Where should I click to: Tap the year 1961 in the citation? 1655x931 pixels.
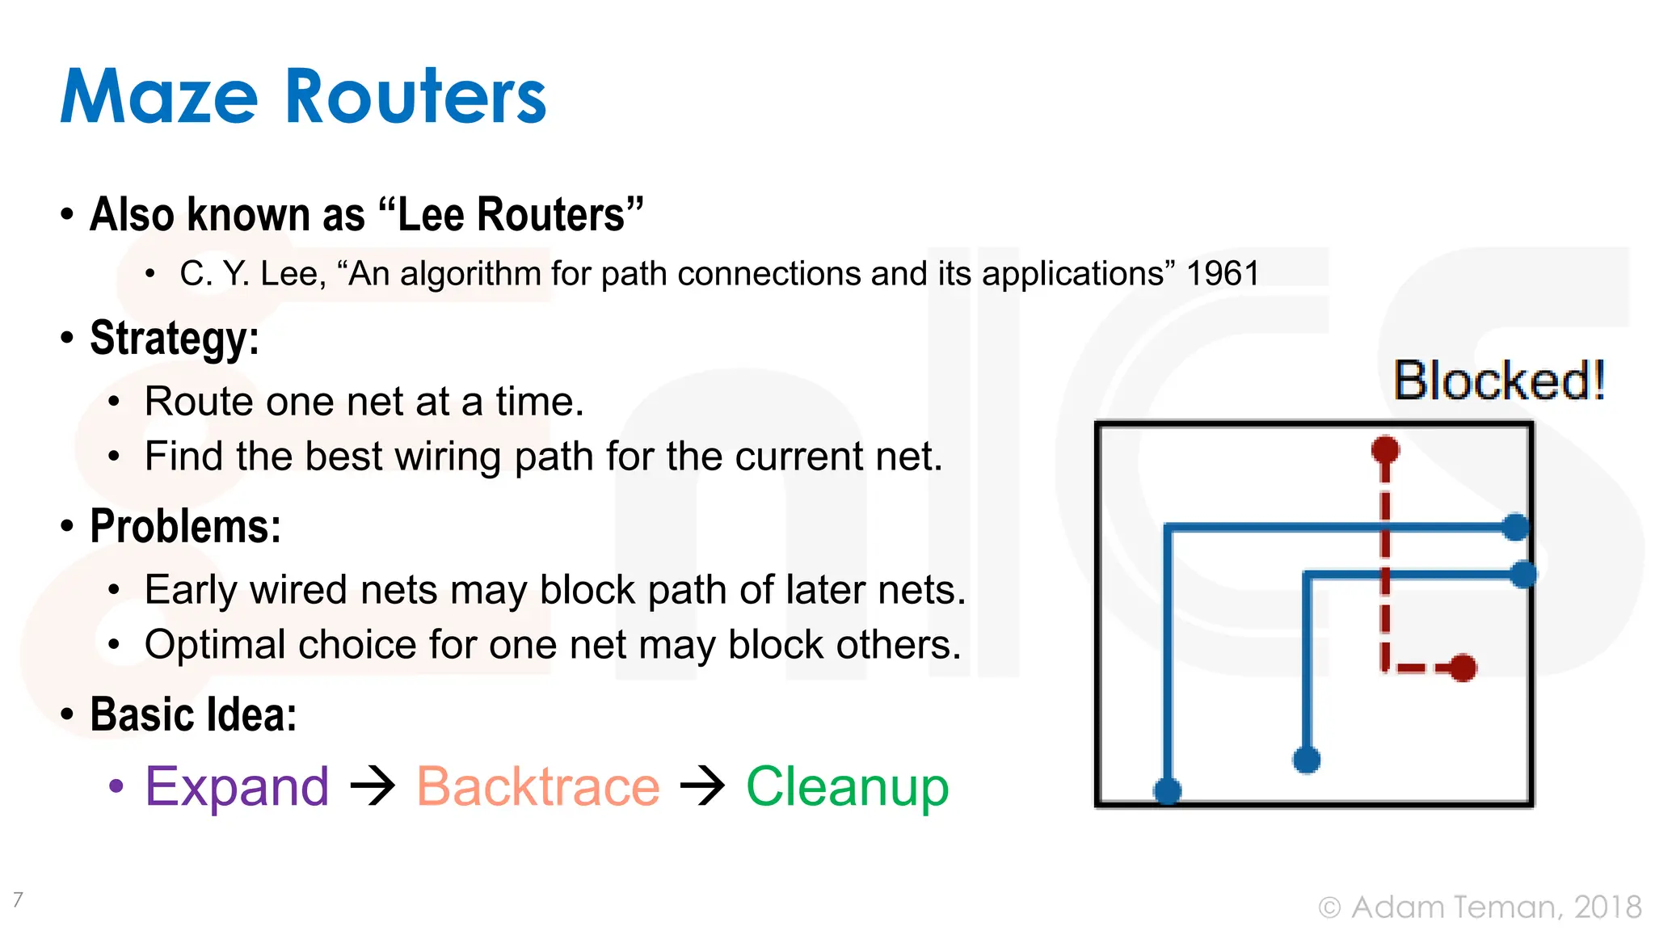1222,274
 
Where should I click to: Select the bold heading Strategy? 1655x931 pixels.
174,338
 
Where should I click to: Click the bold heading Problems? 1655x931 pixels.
185,527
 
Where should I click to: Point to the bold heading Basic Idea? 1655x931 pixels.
192,715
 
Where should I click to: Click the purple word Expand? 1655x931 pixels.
237,786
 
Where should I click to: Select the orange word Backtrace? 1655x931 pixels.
538,786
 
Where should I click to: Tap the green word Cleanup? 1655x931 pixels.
847,786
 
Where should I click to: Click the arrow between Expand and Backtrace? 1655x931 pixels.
373,786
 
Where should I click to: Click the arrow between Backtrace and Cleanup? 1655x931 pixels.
702,786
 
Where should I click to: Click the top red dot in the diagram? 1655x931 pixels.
1385,449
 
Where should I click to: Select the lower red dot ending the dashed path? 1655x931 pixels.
1463,668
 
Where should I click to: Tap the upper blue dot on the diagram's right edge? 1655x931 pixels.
1516,527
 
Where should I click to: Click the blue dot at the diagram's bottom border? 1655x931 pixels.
1167,790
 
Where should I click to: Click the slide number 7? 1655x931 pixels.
18,899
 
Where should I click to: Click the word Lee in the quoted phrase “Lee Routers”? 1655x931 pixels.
432,215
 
